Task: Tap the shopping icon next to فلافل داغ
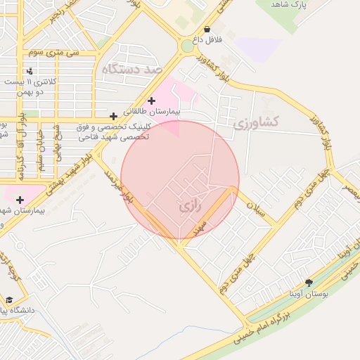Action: click(x=207, y=30)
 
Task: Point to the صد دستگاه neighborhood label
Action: click(x=131, y=70)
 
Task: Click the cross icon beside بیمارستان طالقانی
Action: click(x=151, y=101)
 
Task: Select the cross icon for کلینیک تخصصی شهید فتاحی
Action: click(x=114, y=116)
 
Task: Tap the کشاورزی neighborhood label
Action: click(x=255, y=122)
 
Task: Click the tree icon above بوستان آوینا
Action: click(x=309, y=283)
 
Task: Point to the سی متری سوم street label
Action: click(x=53, y=53)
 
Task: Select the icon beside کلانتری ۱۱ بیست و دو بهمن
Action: click(x=30, y=71)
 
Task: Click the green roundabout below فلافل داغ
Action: click(x=187, y=46)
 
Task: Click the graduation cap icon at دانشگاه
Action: click(x=8, y=300)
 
